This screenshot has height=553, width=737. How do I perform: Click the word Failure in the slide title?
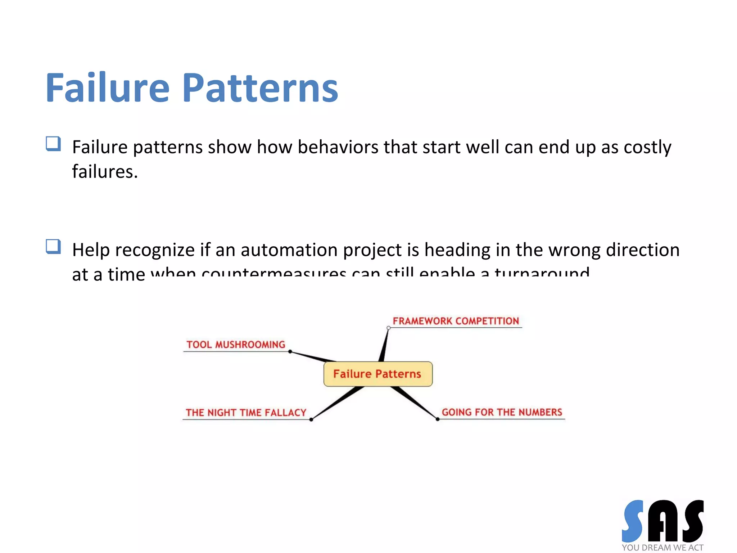pos(107,88)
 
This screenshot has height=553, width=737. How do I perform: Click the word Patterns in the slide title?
pos(260,88)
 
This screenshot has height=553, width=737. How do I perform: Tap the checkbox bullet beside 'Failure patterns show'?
pos(53,144)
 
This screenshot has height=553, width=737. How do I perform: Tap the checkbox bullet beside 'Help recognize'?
pos(53,247)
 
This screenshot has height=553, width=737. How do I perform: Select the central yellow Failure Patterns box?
pos(377,374)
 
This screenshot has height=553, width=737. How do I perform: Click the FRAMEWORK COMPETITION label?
pos(456,321)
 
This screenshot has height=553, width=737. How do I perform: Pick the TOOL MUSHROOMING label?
pos(236,345)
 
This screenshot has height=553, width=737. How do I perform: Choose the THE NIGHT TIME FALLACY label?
pos(246,413)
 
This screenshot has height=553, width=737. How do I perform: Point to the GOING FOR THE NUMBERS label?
pos(502,412)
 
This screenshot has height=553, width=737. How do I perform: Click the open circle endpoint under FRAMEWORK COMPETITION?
pos(389,328)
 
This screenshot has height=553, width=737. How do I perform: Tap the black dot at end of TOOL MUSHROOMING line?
pos(290,351)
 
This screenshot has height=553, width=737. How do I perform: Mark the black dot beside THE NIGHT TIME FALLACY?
pos(311,419)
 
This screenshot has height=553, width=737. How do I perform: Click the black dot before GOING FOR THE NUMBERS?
pos(438,419)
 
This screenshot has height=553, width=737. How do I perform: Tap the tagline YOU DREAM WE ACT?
pos(662,548)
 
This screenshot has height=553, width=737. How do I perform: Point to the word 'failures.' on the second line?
pos(105,172)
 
